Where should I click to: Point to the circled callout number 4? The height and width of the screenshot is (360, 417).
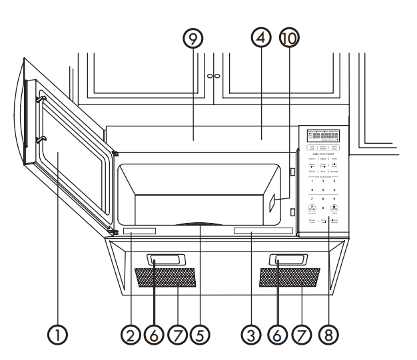point(261,39)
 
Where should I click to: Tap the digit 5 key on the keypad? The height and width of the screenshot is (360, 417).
point(323,190)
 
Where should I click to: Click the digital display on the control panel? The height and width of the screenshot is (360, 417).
point(322,136)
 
